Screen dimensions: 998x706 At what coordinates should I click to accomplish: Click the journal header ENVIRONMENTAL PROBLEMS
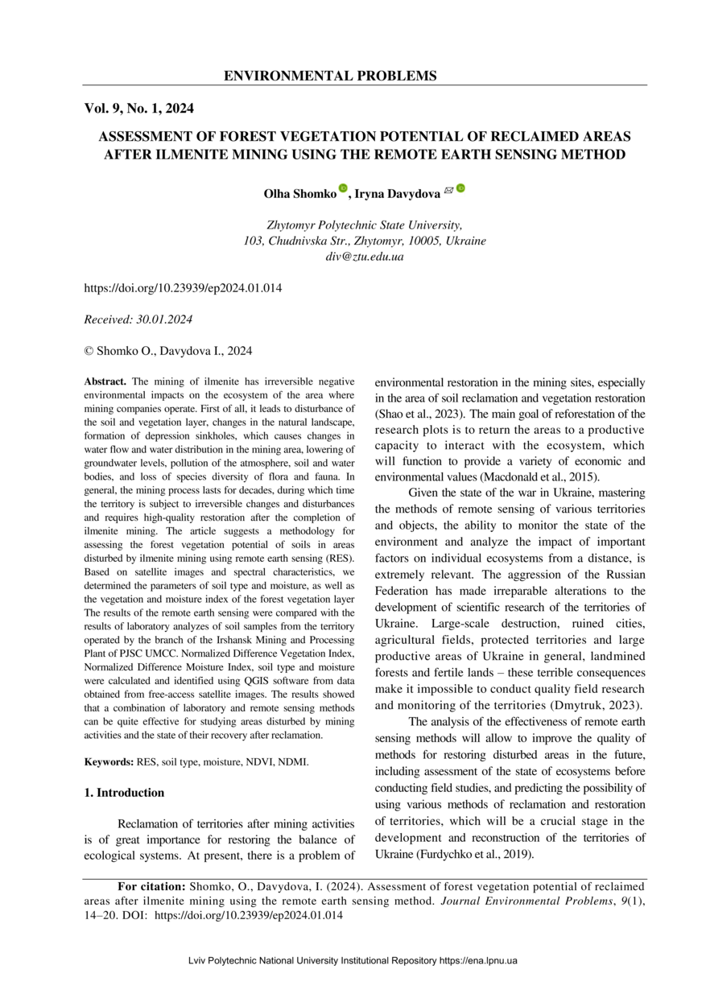[x=330, y=76]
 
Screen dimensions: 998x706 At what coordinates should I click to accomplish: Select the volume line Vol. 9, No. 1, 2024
[x=139, y=108]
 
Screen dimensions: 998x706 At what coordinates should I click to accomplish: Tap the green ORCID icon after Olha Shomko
[x=342, y=189]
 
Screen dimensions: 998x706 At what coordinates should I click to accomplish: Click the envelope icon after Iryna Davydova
[x=448, y=190]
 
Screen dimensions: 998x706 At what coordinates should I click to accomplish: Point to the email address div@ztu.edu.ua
[x=365, y=257]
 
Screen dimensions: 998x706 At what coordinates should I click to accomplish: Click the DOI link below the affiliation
[x=183, y=287]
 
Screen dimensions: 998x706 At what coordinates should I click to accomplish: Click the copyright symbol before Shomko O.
[x=89, y=351]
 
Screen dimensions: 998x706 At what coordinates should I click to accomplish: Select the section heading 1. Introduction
[x=124, y=793]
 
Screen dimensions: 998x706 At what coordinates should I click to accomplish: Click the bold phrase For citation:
[x=151, y=886]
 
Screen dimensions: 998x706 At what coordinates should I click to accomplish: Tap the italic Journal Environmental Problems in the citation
[x=527, y=901]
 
